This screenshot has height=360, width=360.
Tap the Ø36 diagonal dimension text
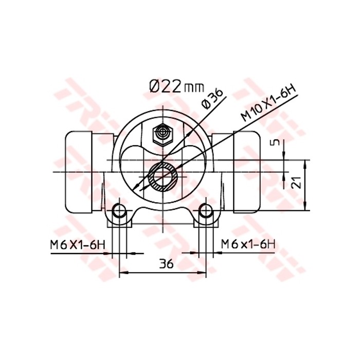[212, 98]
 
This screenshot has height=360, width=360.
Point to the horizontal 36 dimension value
[165, 264]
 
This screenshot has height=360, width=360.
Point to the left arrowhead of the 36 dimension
[123, 272]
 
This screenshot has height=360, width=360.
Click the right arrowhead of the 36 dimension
[203, 272]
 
